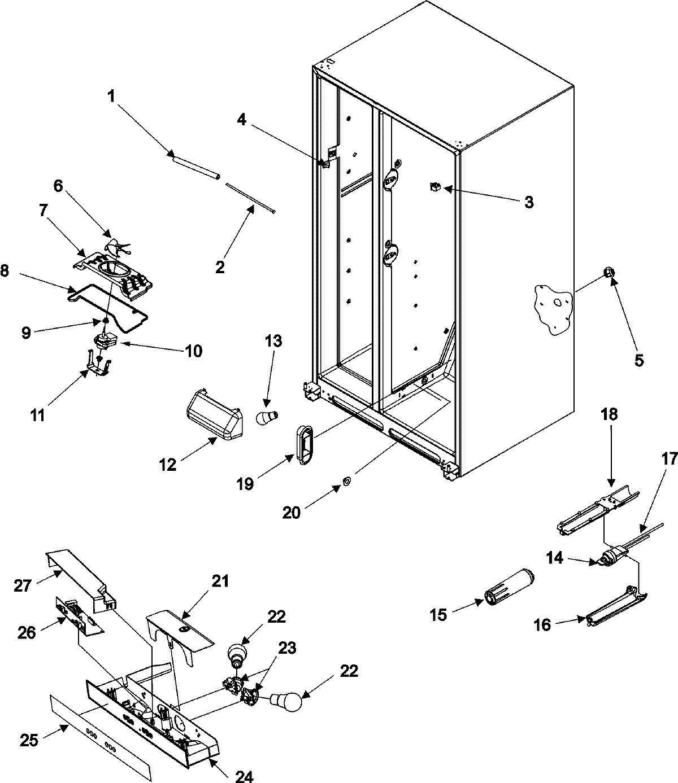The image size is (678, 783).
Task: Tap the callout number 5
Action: (639, 360)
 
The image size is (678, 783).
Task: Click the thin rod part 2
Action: (249, 197)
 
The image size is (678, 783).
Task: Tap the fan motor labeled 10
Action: (106, 340)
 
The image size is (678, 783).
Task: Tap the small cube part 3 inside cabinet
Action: (436, 187)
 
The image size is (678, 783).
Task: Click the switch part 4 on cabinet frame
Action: (326, 162)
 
